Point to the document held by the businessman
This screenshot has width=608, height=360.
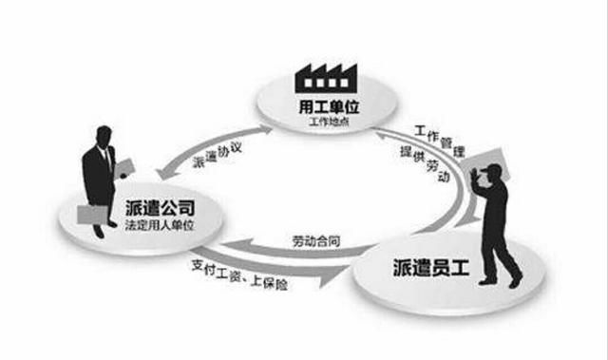pyautogui.click(x=125, y=166)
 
